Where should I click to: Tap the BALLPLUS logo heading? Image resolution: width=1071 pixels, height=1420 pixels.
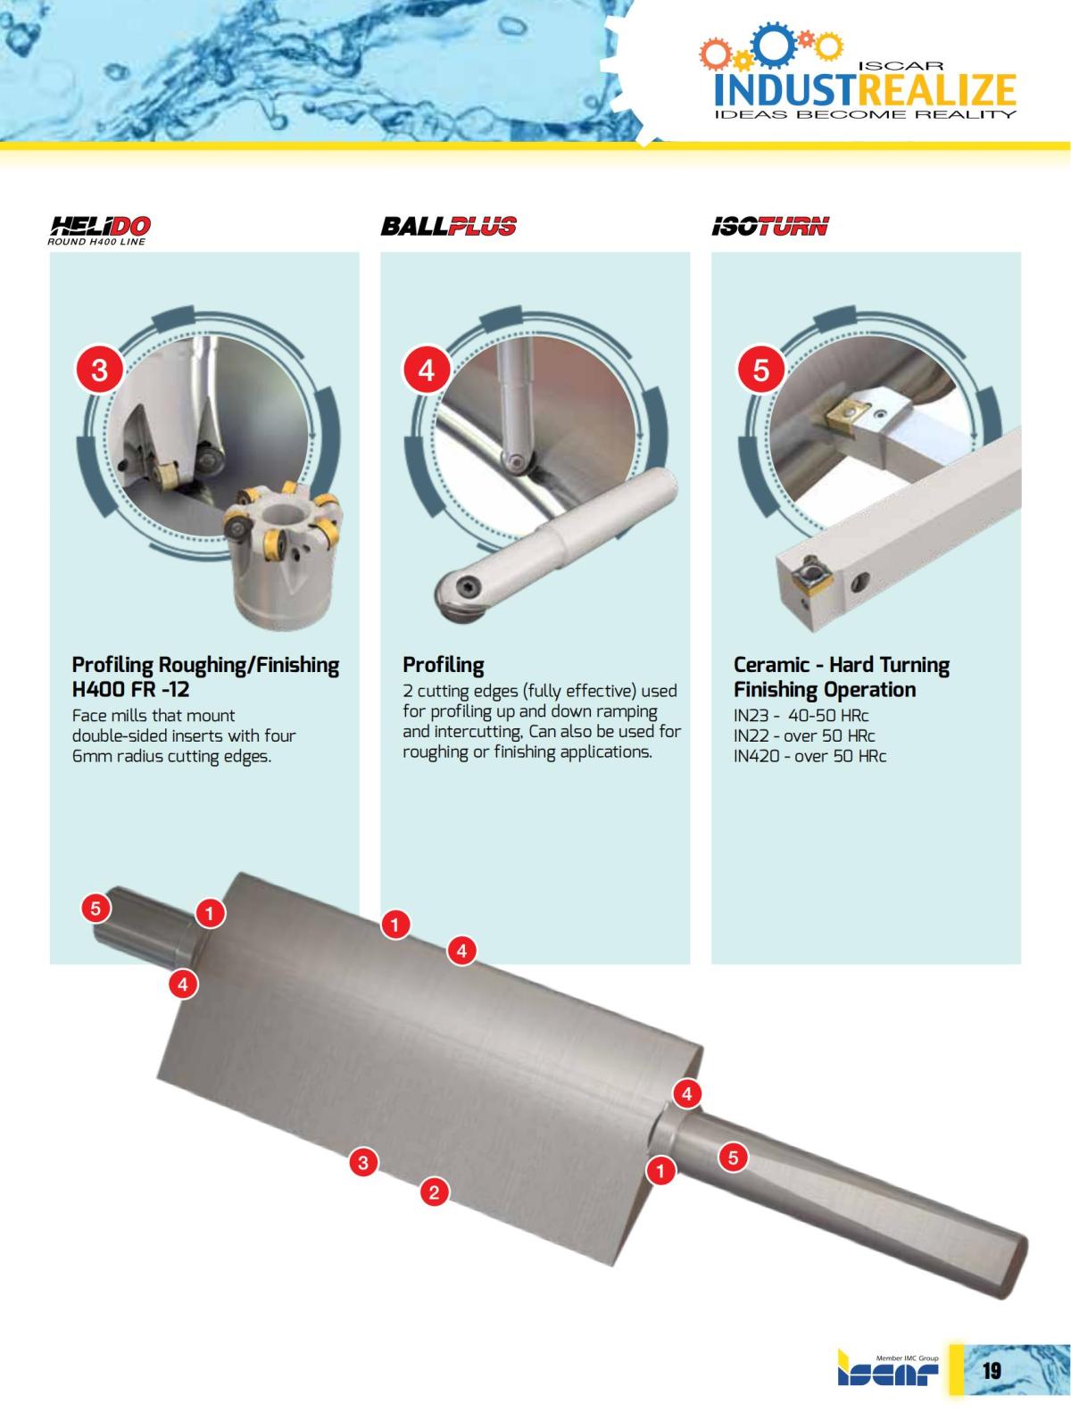tap(448, 227)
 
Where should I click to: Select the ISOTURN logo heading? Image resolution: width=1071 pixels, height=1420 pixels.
tap(770, 227)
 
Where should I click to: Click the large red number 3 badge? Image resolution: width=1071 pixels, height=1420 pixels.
tap(99, 370)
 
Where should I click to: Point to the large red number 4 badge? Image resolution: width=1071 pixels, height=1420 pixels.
tap(427, 370)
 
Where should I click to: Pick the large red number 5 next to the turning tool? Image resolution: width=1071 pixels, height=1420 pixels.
tap(761, 370)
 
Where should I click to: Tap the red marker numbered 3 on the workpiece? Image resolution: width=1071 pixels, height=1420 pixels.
tap(363, 1163)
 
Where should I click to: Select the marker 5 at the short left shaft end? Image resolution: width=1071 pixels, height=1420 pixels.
tap(95, 909)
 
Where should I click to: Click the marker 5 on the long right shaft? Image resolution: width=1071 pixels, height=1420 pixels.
tap(733, 1158)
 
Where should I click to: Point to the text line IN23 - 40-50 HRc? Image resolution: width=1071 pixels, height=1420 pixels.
tap(801, 716)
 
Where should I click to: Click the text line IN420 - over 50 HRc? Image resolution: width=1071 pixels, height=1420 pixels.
tap(809, 756)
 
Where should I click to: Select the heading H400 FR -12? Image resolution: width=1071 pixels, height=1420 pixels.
tap(130, 690)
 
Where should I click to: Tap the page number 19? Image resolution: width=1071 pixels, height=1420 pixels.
tap(992, 1370)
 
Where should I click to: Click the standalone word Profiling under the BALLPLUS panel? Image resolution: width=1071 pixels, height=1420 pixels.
tap(444, 664)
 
